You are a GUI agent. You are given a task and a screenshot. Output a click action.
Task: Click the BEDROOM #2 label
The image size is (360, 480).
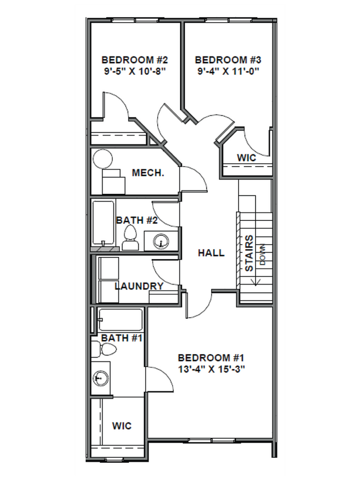click(131, 60)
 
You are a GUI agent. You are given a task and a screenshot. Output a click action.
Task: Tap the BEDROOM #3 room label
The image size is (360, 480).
click(228, 60)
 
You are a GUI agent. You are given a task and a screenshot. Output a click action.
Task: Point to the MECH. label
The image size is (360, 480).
click(148, 173)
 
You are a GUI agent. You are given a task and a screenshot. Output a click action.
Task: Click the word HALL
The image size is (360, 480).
click(212, 253)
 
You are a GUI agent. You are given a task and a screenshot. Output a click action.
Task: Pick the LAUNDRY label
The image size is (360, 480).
click(139, 286)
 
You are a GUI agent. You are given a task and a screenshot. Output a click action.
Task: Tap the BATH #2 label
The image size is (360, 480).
click(137, 220)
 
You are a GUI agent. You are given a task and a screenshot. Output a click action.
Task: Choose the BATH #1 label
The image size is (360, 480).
click(122, 337)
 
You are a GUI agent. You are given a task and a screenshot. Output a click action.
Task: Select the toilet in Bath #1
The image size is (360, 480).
click(105, 350)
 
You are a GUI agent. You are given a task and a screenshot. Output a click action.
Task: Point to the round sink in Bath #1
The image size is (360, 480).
click(100, 379)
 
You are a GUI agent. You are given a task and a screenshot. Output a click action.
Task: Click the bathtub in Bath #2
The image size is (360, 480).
click(103, 224)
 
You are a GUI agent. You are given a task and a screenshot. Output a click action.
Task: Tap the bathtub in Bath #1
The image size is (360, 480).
click(120, 319)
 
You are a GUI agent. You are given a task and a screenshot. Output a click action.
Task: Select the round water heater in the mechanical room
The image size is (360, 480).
click(102, 159)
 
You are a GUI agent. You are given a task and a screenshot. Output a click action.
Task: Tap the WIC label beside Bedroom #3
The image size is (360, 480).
click(246, 158)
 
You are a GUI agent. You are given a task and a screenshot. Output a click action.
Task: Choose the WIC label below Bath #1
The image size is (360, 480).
click(121, 426)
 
